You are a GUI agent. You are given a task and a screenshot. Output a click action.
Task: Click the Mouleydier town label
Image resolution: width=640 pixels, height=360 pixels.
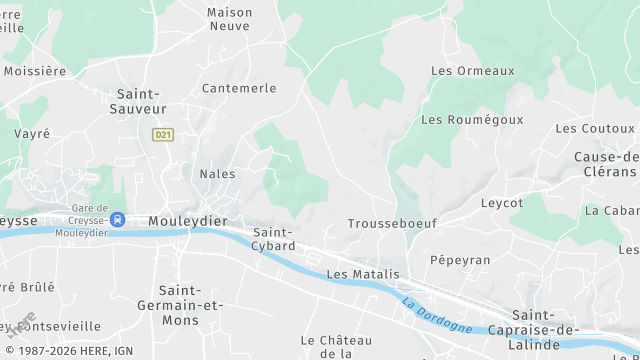pyautogui.click(x=186, y=220)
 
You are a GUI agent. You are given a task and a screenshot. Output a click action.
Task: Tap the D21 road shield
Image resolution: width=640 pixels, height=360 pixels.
pyautogui.click(x=162, y=134)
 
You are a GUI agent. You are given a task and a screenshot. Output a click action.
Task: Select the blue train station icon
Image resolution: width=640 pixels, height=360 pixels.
pyautogui.click(x=118, y=219)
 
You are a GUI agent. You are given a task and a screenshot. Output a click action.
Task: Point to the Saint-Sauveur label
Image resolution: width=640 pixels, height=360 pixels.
pyautogui.click(x=137, y=100)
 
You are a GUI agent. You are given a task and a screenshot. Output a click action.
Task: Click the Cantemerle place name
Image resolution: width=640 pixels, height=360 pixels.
pyautogui.click(x=239, y=88)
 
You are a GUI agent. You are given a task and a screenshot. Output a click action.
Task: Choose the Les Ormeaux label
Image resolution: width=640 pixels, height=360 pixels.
pyautogui.click(x=472, y=71)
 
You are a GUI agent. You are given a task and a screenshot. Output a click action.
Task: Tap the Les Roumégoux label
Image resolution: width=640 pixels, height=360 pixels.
pyautogui.click(x=472, y=119)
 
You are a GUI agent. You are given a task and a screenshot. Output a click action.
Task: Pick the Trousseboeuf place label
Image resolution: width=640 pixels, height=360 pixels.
pyautogui.click(x=392, y=224)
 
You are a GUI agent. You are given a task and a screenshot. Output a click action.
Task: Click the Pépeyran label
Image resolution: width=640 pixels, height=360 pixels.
pyautogui.click(x=460, y=259)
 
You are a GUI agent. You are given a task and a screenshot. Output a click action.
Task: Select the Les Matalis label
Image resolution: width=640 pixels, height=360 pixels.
pyautogui.click(x=363, y=274)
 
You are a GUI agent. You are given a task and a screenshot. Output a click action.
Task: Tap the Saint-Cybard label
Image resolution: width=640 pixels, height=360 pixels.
pyautogui.click(x=273, y=239)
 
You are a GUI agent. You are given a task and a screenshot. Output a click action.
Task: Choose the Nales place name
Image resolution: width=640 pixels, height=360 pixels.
pyautogui.click(x=218, y=174)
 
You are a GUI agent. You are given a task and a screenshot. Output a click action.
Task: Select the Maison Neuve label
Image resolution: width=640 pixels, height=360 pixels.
pyautogui.click(x=230, y=19)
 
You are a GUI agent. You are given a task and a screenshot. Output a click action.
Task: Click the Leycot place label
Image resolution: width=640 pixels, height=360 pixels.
pyautogui.click(x=502, y=202)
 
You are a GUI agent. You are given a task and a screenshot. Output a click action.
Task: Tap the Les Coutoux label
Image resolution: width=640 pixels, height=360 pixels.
pyautogui.click(x=595, y=128)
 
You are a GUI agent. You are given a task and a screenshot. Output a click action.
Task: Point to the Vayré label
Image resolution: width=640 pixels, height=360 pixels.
pyautogui.click(x=32, y=133)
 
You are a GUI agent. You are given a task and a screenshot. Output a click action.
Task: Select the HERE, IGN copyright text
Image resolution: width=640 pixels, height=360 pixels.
pyautogui.click(x=67, y=351)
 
